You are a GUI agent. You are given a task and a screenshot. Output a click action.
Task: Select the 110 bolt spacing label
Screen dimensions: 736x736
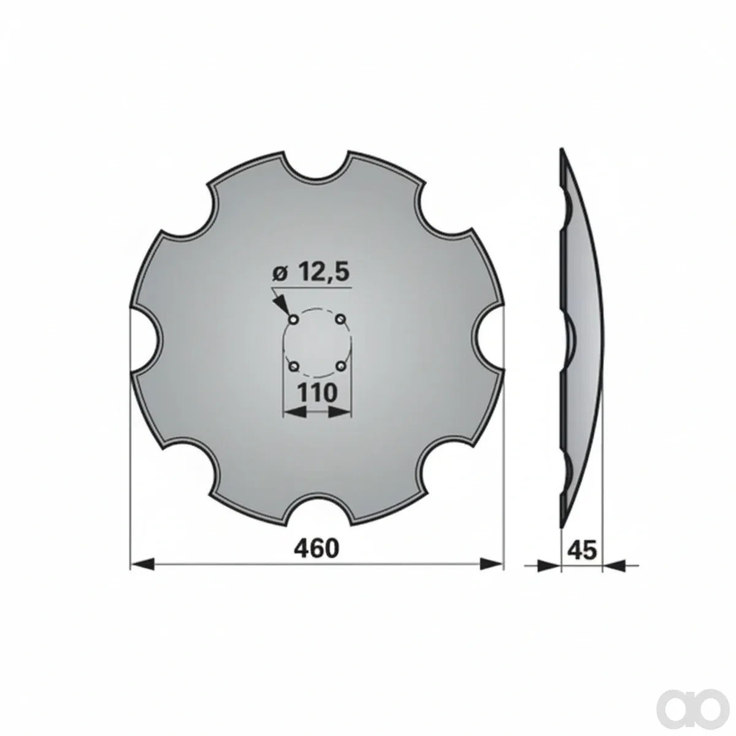[x=317, y=393]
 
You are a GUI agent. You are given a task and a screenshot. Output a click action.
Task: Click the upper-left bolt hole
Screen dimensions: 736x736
[x=294, y=318]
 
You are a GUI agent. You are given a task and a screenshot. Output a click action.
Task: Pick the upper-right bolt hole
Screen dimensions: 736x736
[x=340, y=318]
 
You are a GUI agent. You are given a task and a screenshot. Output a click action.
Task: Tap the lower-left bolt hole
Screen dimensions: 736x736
[x=294, y=366]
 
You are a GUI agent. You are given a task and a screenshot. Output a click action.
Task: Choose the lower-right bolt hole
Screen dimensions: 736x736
[x=340, y=366]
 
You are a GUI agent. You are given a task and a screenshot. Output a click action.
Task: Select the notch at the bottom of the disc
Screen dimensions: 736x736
[x=316, y=510]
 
